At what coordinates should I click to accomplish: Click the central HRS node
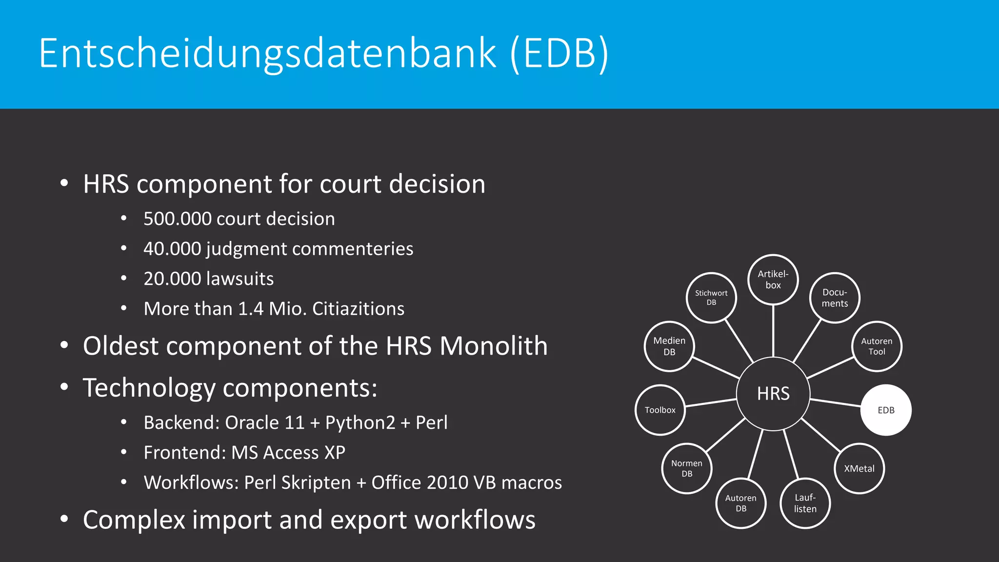click(x=773, y=394)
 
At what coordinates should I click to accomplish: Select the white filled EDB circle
click(x=886, y=410)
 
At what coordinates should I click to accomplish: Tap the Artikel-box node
click(x=773, y=280)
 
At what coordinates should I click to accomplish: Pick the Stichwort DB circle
click(x=711, y=298)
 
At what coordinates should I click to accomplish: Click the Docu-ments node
click(x=835, y=298)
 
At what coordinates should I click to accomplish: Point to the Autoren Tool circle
click(x=877, y=346)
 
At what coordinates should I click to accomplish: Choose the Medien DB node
click(x=669, y=346)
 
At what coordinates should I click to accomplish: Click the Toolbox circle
click(x=660, y=410)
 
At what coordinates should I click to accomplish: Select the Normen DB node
click(x=687, y=468)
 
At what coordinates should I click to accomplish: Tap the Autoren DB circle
click(x=740, y=503)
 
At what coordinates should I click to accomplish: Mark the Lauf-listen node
click(x=805, y=503)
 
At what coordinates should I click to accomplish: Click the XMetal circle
click(x=859, y=468)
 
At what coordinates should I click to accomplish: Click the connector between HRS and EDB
click(x=835, y=402)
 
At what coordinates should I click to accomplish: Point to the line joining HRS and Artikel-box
click(x=773, y=331)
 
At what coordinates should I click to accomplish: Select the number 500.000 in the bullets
click(x=177, y=219)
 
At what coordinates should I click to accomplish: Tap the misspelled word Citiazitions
click(x=358, y=309)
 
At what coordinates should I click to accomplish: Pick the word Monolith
click(x=493, y=346)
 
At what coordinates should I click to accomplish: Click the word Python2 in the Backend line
click(x=360, y=423)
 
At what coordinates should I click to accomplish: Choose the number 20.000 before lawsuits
click(x=172, y=279)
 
